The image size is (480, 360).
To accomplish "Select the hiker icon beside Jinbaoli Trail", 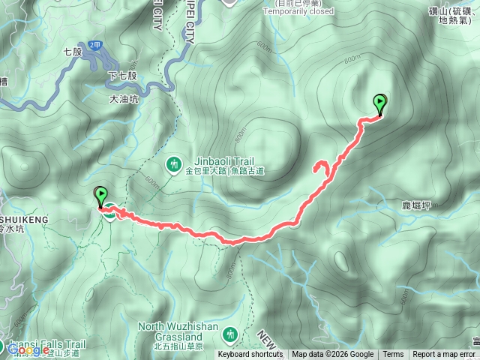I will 174,163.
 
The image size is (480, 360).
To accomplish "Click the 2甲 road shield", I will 94,45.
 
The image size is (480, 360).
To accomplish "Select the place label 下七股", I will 123,76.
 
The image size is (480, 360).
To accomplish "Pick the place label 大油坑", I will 124,97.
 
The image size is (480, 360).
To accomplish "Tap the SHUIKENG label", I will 24,219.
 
